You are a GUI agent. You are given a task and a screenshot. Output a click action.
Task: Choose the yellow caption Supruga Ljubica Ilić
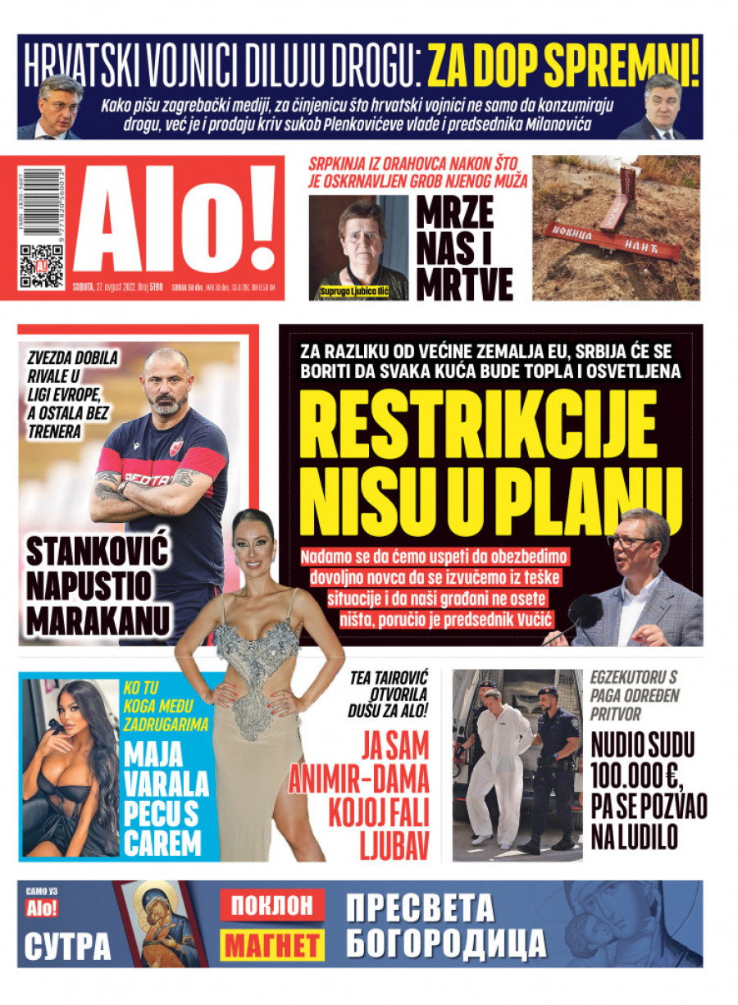pos(354,292)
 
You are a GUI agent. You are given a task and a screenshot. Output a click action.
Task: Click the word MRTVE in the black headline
pos(465,284)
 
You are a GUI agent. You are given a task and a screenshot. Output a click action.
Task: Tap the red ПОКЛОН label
pos(271,905)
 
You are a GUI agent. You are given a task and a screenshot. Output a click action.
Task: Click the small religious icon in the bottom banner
pos(160,924)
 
